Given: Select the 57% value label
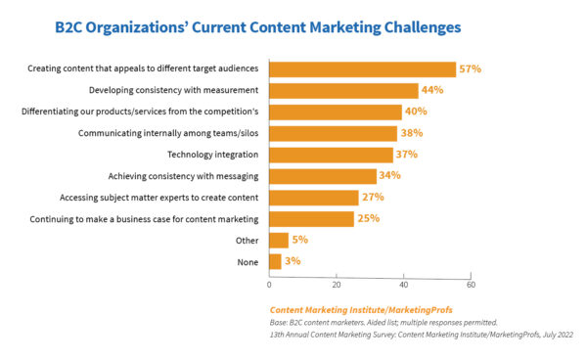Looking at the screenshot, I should (x=470, y=69).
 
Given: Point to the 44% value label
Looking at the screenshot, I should (x=431, y=91).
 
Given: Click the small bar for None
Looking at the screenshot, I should (x=275, y=261).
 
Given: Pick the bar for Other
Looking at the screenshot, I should (x=279, y=240).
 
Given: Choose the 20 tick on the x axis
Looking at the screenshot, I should (x=337, y=286).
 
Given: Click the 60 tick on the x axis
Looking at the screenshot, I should (x=471, y=286).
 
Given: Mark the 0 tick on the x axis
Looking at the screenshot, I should (x=269, y=286).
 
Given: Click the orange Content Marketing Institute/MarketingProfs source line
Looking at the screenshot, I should (x=361, y=310).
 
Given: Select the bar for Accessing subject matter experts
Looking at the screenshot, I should (x=314, y=198).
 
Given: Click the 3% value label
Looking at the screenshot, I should (x=293, y=261).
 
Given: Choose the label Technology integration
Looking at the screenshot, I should (x=213, y=155).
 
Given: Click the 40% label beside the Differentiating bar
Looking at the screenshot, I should (x=415, y=112).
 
